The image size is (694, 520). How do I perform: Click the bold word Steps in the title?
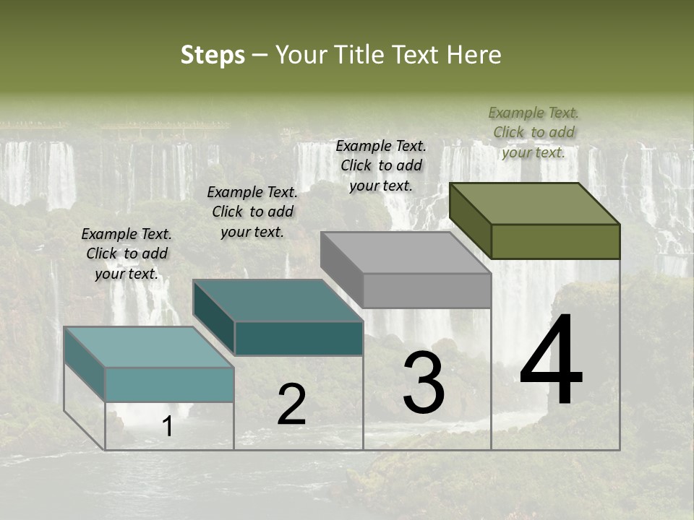click(x=213, y=55)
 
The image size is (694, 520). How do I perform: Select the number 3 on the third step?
click(x=424, y=383)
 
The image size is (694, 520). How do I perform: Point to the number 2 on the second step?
click(x=291, y=405)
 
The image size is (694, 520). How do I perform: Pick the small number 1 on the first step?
click(x=168, y=427)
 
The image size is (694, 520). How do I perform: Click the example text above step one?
click(x=127, y=253)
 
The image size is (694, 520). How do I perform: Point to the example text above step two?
click(x=252, y=212)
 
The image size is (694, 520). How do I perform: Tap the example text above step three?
click(x=381, y=165)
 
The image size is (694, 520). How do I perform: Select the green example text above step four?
click(x=534, y=132)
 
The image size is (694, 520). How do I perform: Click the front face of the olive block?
click(x=555, y=241)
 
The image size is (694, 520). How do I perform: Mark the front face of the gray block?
click(x=427, y=290)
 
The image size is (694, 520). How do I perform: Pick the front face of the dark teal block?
click(x=299, y=338)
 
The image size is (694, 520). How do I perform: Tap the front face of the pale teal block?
click(x=169, y=384)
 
